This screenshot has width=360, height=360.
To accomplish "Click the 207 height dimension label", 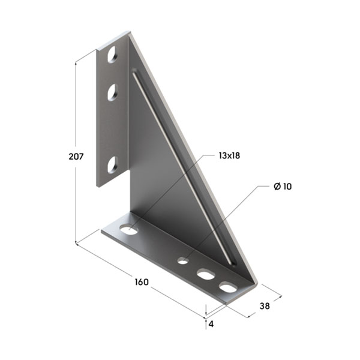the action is pyautogui.click(x=76, y=157).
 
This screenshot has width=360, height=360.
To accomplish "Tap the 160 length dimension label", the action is pyautogui.click(x=142, y=282).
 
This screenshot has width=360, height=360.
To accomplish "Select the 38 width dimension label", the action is pyautogui.click(x=265, y=306).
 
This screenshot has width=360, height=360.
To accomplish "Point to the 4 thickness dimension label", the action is pyautogui.click(x=211, y=324).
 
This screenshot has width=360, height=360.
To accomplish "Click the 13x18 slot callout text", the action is pyautogui.click(x=229, y=155).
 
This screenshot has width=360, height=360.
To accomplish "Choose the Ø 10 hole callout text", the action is pyautogui.click(x=283, y=187).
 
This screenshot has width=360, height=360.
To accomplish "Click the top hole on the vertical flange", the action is pyautogui.click(x=113, y=55).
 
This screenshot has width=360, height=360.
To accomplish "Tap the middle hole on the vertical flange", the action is pyautogui.click(x=113, y=92).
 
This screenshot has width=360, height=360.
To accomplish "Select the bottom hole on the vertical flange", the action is pyautogui.click(x=113, y=164).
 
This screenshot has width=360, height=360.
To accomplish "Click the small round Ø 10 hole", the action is pyautogui.click(x=183, y=260).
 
